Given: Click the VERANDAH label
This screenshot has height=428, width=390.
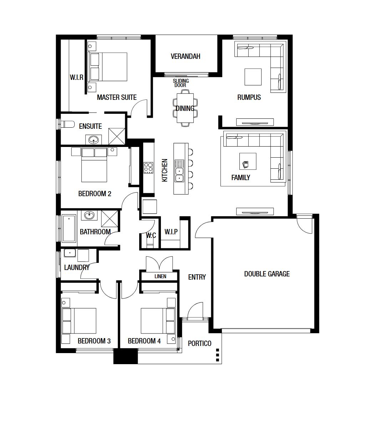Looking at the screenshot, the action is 185,56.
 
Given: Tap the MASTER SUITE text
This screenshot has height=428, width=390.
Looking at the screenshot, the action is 117,97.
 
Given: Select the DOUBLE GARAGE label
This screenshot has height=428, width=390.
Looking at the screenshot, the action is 267,274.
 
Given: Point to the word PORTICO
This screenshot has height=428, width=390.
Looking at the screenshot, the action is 199,343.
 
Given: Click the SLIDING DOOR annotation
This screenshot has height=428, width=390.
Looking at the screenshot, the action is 181,83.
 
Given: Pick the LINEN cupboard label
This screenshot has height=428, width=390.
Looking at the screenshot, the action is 160,276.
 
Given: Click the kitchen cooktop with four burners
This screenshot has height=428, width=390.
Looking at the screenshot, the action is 148,168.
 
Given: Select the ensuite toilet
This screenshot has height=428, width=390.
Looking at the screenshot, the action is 67,124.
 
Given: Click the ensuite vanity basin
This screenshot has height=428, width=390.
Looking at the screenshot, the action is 93,140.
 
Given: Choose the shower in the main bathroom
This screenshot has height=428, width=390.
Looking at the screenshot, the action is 110,219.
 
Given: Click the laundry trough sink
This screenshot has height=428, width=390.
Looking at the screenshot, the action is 70,253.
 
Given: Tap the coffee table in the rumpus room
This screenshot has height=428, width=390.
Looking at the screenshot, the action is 253,77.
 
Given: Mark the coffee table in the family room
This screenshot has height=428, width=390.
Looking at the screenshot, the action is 248,161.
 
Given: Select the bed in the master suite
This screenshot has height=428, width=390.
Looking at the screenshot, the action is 109,67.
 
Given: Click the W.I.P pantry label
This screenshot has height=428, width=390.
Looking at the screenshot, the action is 171,231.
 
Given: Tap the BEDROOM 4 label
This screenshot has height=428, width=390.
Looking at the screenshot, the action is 144,341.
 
